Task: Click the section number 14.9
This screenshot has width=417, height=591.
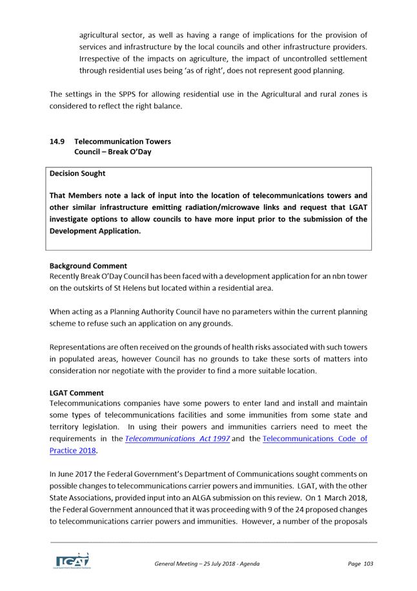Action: (57, 141)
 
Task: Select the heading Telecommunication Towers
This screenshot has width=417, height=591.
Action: (122, 141)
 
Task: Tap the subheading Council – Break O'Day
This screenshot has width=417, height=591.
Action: (112, 152)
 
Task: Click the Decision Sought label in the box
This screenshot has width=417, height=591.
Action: (77, 173)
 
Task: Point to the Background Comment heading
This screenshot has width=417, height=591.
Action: (88, 265)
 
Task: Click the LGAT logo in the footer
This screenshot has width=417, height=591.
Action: (72, 561)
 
